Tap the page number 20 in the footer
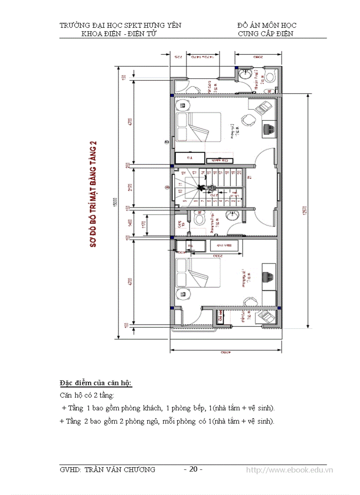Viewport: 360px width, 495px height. pos(193,469)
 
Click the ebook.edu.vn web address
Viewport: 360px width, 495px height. pos(289,470)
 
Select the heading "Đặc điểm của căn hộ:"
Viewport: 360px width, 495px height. pos(96,382)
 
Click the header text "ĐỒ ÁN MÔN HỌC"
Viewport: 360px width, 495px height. pos(266,26)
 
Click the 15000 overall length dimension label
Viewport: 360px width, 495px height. pos(115,201)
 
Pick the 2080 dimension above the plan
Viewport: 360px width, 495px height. pos(257,57)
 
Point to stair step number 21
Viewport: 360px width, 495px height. pos(250,178)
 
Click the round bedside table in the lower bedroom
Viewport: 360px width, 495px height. pos(182,294)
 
